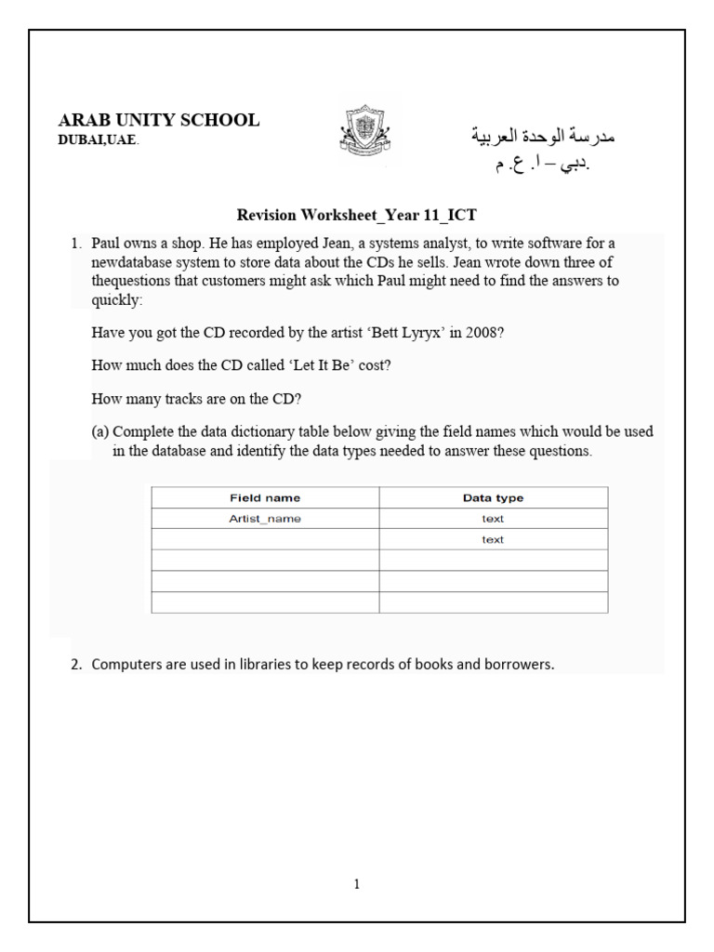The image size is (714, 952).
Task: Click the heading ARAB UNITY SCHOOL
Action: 159,120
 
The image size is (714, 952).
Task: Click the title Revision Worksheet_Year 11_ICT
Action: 357,215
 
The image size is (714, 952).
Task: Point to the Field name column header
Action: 265,497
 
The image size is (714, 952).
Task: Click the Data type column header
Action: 493,497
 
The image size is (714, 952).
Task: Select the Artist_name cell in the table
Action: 265,519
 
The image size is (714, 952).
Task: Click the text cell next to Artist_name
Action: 493,519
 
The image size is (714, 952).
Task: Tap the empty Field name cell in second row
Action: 265,539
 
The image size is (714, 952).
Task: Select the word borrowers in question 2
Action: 522,665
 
